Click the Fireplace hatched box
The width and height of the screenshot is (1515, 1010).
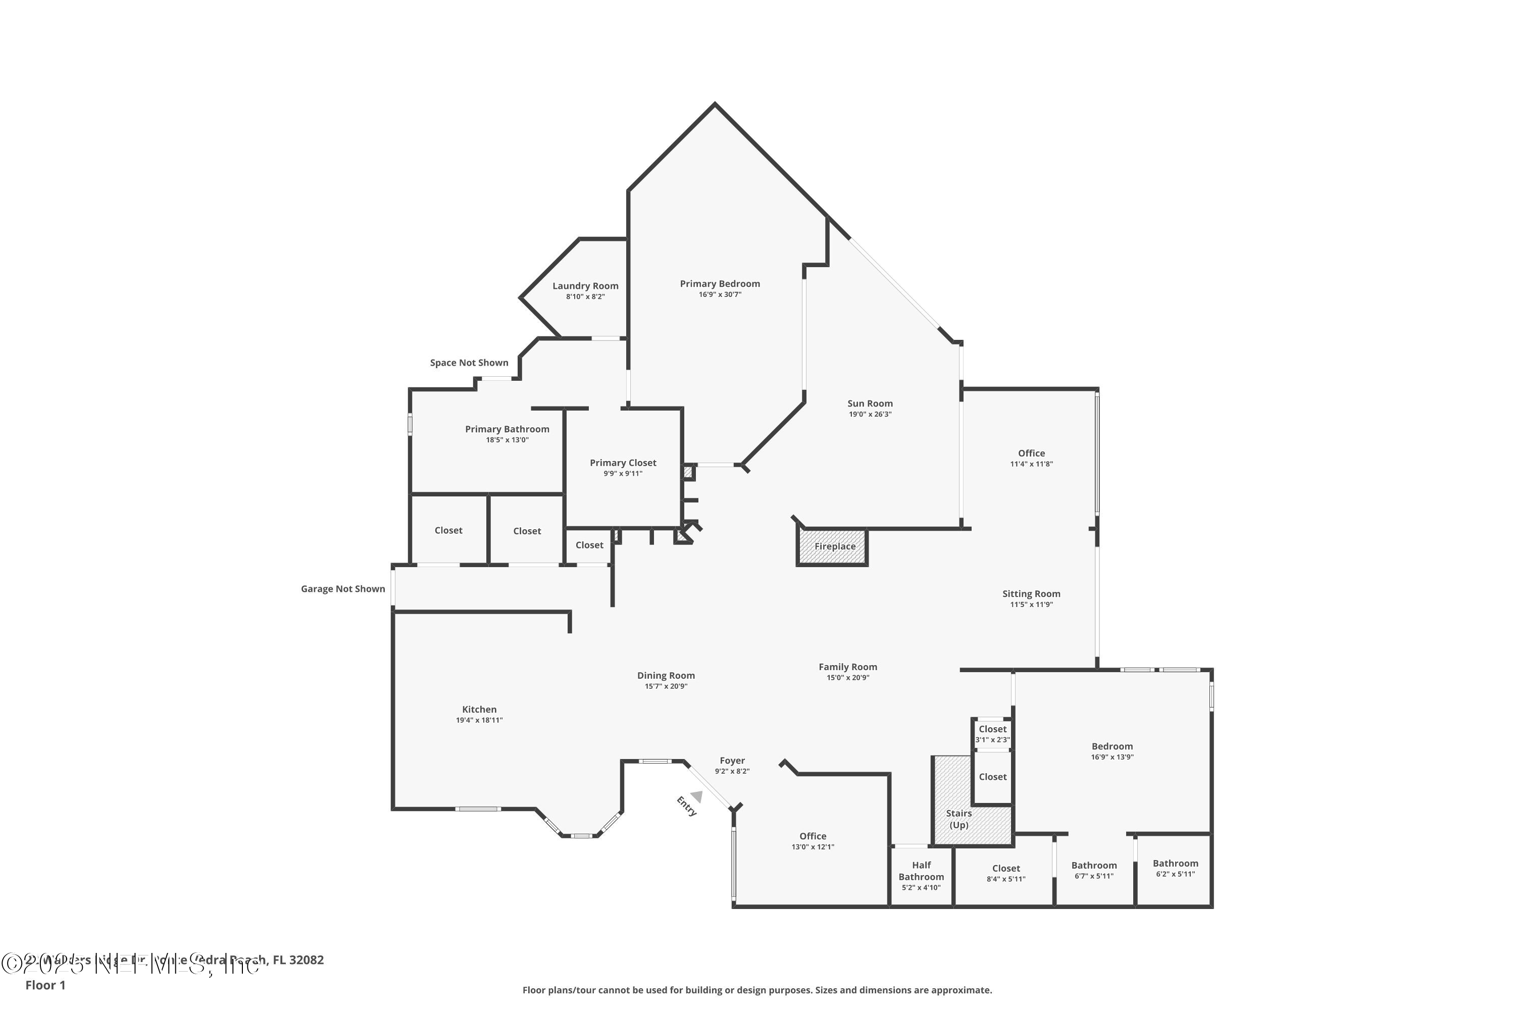[833, 546]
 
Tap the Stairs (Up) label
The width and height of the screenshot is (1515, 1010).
[958, 819]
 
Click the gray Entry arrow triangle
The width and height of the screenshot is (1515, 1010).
[696, 796]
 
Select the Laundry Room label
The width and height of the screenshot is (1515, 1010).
[585, 286]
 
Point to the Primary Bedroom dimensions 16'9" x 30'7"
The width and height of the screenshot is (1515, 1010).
[720, 295]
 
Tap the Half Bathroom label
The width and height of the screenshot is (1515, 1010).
[921, 871]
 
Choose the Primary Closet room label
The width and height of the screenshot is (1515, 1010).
[623, 463]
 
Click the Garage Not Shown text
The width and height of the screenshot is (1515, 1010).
[343, 589]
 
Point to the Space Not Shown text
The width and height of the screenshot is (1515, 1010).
[469, 363]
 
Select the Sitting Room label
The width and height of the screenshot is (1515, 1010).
[1031, 594]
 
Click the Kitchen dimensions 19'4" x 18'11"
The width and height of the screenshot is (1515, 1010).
[479, 720]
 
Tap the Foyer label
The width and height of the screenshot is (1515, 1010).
[732, 761]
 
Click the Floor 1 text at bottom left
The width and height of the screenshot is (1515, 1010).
[45, 985]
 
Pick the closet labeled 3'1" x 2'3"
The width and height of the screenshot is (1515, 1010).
[992, 734]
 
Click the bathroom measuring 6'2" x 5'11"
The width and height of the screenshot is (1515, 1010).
[1175, 868]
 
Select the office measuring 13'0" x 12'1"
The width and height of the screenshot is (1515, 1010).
[812, 841]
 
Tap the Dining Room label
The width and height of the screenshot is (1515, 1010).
[666, 676]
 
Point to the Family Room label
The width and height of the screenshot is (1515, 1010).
[848, 667]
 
